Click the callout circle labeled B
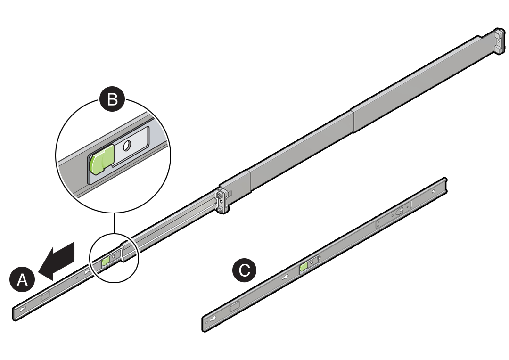pyautogui.click(x=112, y=99)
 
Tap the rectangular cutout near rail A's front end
pyautogui.click(x=45, y=297)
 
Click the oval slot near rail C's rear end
pyautogui.click(x=400, y=212)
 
